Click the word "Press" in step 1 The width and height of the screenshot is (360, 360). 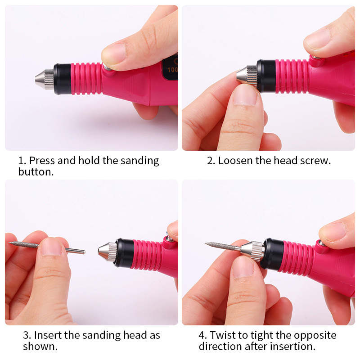coord(42,161)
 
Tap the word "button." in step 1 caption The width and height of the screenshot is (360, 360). coord(36,172)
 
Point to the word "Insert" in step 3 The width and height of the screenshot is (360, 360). coord(48,335)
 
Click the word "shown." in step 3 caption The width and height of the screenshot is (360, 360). coord(40,346)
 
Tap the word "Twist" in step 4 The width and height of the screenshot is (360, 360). coord(222,335)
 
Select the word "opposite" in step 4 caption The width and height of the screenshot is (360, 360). coord(315,336)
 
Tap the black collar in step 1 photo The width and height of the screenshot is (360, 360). coord(63,79)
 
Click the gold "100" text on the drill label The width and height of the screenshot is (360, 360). coord(172,70)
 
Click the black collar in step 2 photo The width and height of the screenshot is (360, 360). coord(266,76)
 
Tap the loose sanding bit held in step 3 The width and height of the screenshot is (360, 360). coord(47,247)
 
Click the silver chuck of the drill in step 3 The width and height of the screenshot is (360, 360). coord(108,252)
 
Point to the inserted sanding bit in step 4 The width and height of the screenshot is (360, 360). coord(223,246)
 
